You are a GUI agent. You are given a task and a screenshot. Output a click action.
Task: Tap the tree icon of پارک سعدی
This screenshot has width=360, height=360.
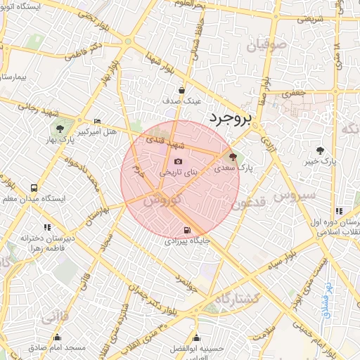[233, 157]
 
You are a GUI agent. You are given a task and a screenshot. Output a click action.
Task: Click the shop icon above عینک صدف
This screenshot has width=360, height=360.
[182, 90]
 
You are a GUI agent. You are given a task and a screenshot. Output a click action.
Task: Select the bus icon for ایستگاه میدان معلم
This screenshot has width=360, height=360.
[34, 188]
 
